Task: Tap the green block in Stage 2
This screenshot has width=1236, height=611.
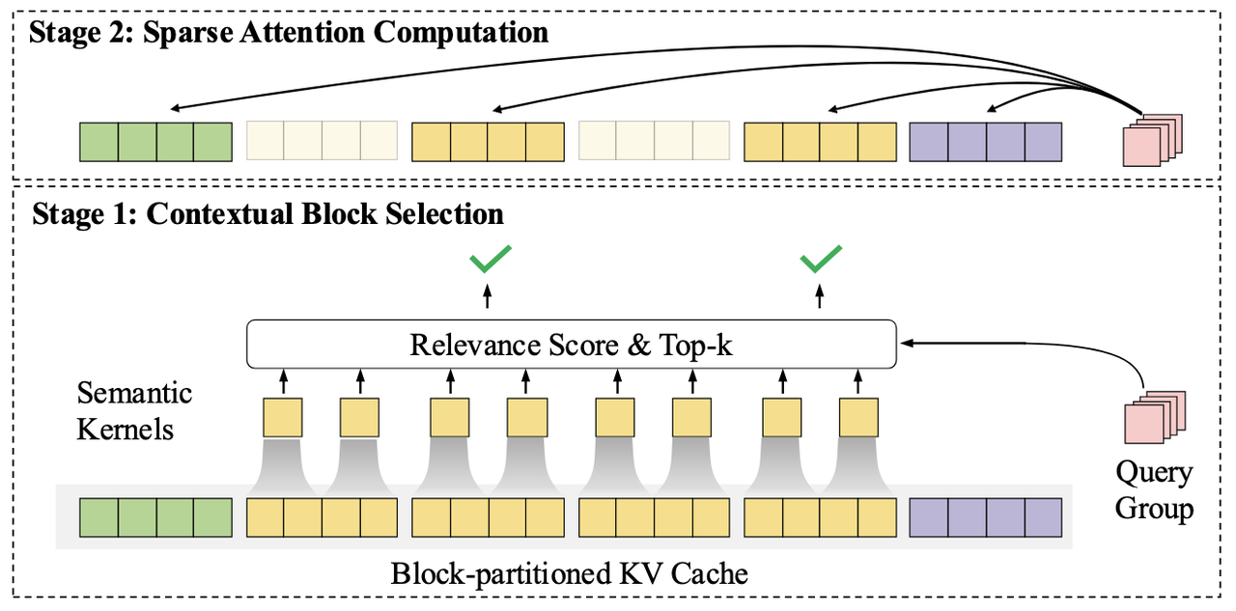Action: coord(155,142)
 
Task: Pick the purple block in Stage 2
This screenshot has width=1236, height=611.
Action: coord(986,142)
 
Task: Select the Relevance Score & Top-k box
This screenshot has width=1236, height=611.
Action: coord(572,345)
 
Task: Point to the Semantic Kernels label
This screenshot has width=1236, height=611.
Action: coord(134,410)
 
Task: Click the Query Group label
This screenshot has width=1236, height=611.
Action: coord(1154,490)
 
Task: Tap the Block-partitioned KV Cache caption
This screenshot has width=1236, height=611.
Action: coord(569,574)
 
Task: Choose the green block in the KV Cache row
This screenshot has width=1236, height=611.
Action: coord(155,517)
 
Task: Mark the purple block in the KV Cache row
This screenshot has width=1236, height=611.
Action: coord(986,517)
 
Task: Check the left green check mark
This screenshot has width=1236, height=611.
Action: coord(489,258)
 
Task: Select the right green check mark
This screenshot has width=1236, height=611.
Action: coord(821,258)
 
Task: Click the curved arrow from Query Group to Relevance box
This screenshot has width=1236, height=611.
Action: coord(1110,352)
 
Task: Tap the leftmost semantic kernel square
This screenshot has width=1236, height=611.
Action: coord(283,418)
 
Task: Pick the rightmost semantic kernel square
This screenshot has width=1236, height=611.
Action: coord(858,418)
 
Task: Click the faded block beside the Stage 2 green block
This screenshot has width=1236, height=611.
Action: coord(323,142)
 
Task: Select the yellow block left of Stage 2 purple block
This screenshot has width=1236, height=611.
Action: coord(820,142)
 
